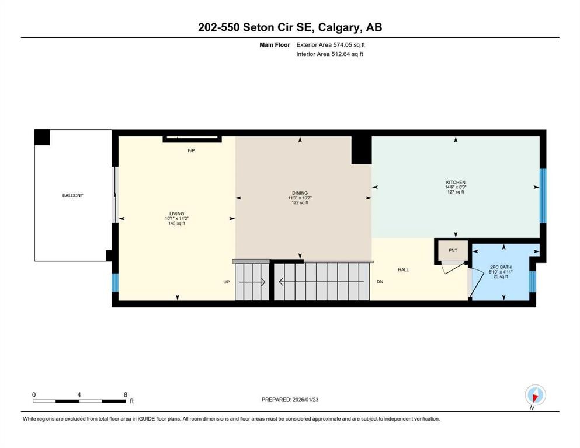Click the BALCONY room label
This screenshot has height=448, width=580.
point(73,195)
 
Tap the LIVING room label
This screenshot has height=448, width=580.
point(175,214)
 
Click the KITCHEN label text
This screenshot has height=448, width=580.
point(456,182)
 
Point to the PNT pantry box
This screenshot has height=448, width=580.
point(453,250)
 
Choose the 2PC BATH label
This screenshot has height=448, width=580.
point(501,267)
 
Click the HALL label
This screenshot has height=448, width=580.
point(403,269)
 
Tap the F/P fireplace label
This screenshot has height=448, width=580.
point(191,150)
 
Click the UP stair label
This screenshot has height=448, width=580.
point(227,282)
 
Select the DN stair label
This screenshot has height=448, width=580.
point(380,282)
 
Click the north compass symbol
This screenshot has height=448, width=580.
point(535,395)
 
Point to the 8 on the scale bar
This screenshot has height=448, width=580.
point(125,394)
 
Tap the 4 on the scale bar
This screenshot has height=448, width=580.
point(79,394)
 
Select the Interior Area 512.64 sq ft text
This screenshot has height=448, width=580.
point(329,54)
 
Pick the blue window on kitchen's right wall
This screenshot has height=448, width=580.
point(543,195)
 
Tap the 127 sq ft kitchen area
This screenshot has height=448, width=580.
point(456,192)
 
